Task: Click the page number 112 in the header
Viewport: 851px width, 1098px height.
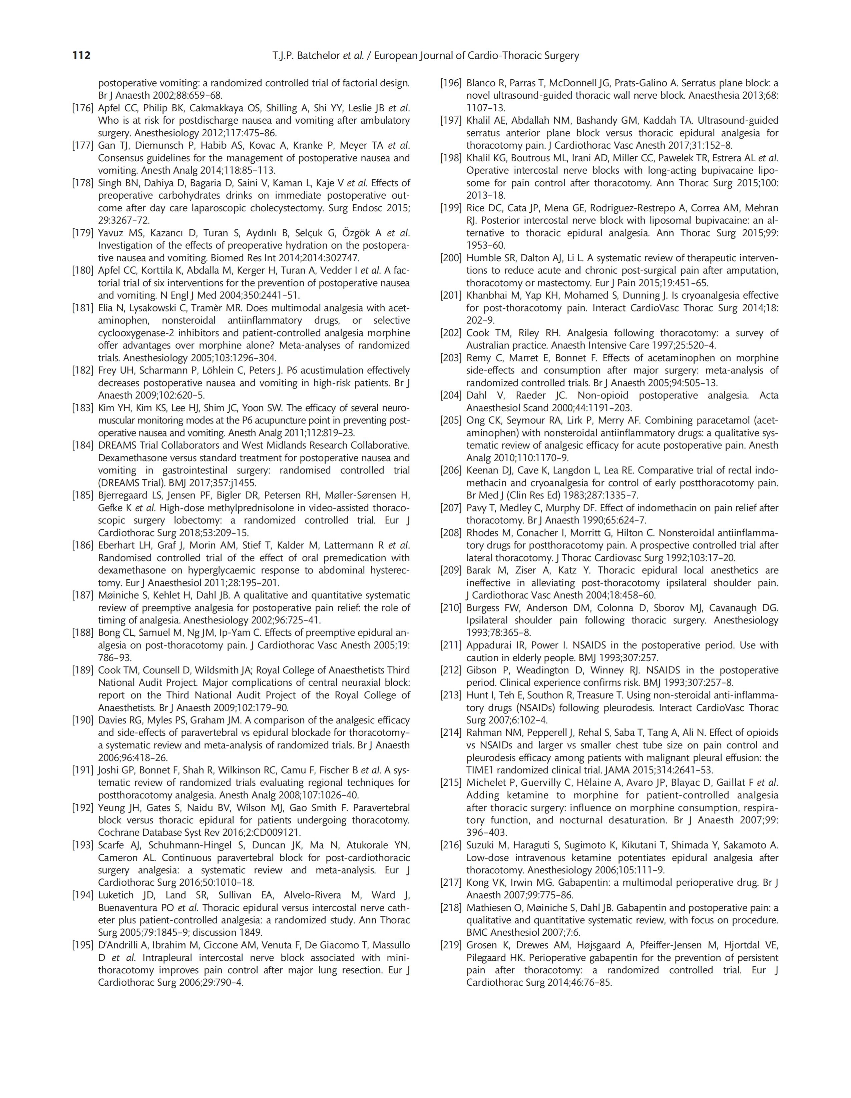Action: click(81, 55)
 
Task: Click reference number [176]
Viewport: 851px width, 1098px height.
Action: click(82, 108)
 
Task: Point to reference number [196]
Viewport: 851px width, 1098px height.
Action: click(451, 83)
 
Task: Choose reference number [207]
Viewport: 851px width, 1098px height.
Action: click(451, 508)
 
